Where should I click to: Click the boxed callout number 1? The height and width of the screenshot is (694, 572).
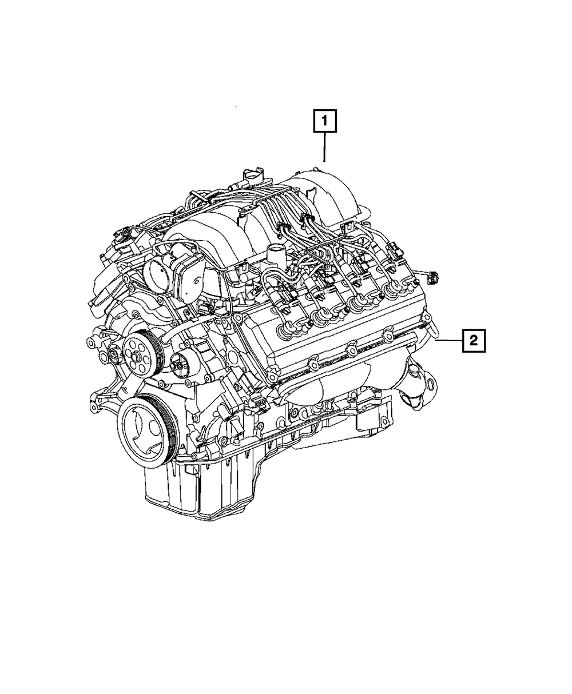point(324,121)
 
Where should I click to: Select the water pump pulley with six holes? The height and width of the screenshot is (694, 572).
point(137,354)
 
